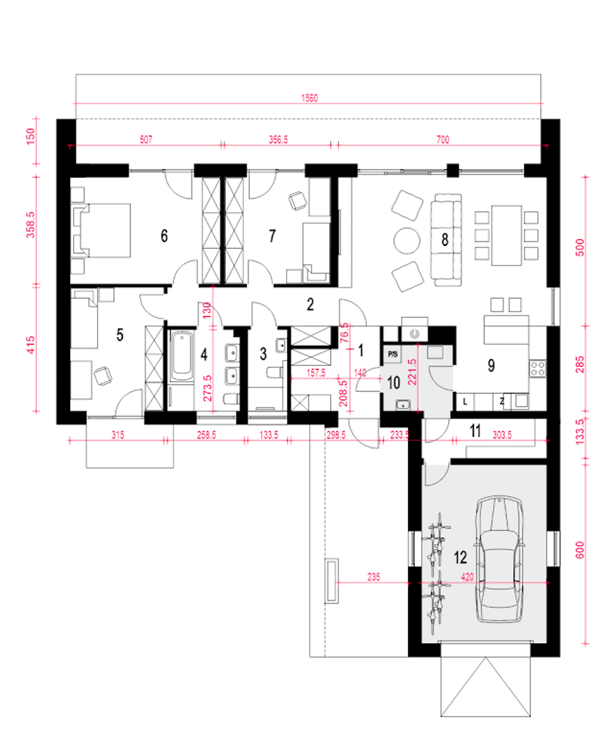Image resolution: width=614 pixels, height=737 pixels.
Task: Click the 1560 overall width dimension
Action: coord(309,98)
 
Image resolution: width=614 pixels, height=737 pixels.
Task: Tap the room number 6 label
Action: coord(164,236)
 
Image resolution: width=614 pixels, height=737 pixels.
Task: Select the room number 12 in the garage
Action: coord(460,557)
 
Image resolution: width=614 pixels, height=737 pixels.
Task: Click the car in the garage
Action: coord(499,560)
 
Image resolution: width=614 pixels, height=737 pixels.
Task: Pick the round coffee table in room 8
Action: coord(407,241)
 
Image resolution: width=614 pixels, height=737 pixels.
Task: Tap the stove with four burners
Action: coord(538,368)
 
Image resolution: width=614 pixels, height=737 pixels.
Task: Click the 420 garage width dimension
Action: coord(467,577)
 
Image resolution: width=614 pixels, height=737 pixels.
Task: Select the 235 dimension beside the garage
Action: coord(374,577)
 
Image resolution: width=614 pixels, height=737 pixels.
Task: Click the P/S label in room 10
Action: coord(392,355)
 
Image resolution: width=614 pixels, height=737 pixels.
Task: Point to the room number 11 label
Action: coord(475,431)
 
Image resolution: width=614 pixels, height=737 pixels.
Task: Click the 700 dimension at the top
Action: coord(443,140)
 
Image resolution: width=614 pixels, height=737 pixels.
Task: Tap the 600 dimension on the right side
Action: coord(580,550)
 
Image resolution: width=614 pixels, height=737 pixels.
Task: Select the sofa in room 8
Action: coord(446,237)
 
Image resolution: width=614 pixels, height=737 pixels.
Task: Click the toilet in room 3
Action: coord(274,373)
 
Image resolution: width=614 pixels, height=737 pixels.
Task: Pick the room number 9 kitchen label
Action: coord(491,366)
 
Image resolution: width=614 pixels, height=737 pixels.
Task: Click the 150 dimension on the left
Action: coord(31,136)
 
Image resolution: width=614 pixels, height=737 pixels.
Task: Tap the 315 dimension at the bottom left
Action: coord(118,435)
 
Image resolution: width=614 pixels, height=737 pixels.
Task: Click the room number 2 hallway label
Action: coord(310,304)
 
